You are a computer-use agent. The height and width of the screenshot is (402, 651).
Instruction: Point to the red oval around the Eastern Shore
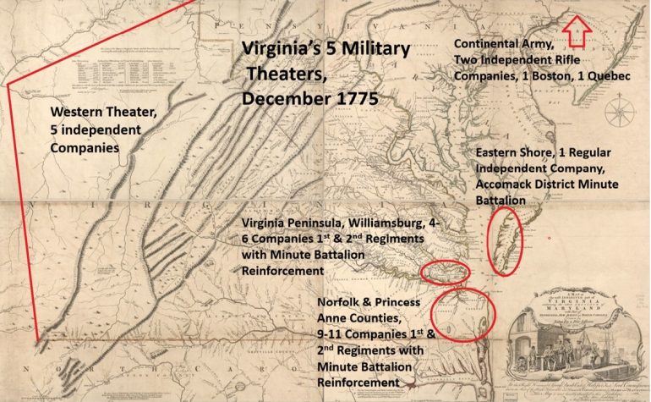point(506,241)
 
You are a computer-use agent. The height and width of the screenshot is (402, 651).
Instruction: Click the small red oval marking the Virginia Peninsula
point(445,272)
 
